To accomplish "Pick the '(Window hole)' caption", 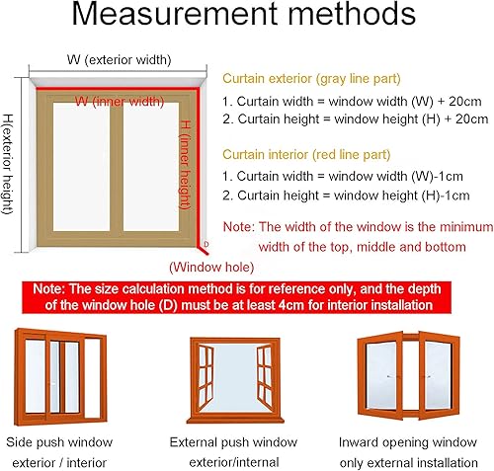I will (211, 266).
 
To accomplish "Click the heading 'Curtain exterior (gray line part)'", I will (303, 78).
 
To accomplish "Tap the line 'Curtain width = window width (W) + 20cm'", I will (355, 99).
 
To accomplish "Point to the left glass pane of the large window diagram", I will (80, 167).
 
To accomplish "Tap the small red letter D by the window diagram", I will (206, 243).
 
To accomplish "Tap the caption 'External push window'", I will (233, 441).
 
